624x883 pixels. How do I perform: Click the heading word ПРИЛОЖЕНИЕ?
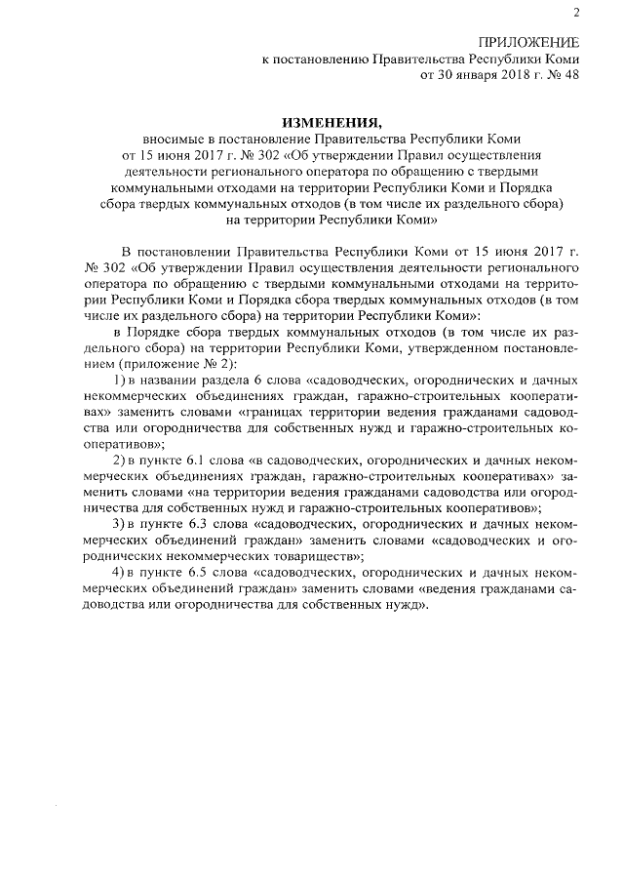[x=527, y=42]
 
